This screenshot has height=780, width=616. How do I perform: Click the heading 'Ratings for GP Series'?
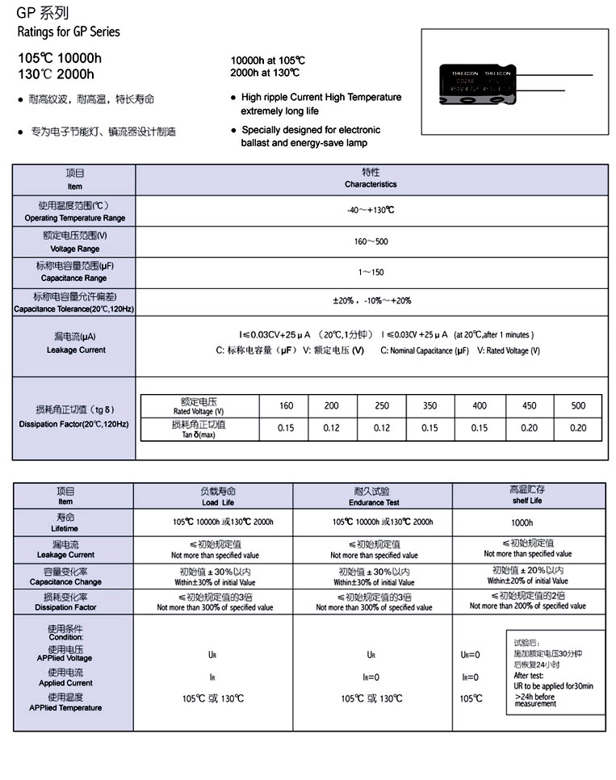pos(68,32)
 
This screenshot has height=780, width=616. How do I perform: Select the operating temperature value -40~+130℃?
pos(371,210)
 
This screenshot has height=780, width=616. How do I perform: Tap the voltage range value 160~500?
pos(371,241)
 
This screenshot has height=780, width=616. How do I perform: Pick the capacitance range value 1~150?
pos(371,272)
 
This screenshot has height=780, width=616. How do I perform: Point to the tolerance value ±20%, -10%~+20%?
pos(371,300)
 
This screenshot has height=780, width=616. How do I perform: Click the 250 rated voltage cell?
pos(382,405)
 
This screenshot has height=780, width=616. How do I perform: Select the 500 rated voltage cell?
pos(578,405)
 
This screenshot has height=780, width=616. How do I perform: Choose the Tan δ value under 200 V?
pos(331,428)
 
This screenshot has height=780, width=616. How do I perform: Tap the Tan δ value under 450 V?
pos(529,428)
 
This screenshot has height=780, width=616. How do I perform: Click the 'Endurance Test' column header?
pos(371,497)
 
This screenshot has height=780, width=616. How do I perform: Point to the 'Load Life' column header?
pos(218,497)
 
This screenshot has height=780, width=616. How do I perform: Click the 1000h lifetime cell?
pos(527,523)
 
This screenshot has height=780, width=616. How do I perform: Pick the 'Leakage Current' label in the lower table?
pos(65,550)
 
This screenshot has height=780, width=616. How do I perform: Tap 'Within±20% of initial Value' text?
pos(527,581)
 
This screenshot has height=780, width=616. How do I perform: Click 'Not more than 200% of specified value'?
pos(527,606)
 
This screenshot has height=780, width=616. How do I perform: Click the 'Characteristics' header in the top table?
pos(371,178)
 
